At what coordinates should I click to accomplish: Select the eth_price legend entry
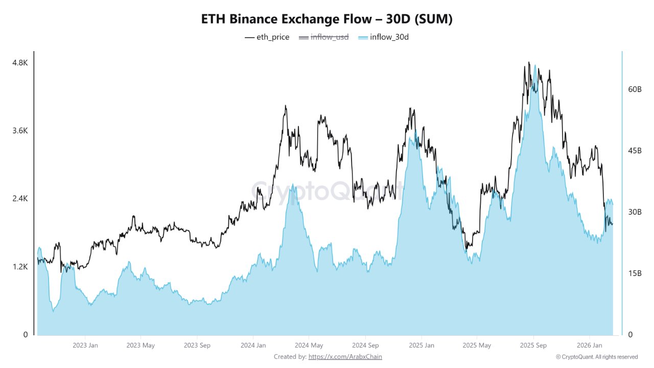point(267,37)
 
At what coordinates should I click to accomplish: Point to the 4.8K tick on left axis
point(20,62)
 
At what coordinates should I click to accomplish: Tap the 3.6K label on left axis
point(20,130)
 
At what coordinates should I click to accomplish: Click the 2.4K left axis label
point(20,198)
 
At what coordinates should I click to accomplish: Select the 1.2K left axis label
point(20,266)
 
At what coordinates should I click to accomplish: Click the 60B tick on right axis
point(635,89)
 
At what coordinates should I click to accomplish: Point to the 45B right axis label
point(635,150)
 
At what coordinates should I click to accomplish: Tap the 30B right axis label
point(635,212)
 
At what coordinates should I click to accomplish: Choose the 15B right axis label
point(635,273)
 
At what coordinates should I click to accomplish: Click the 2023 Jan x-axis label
point(86,346)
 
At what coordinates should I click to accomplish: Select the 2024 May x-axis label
point(309,346)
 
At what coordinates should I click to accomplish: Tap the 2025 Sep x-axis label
point(533,346)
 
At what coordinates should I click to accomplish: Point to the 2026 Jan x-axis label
point(589,346)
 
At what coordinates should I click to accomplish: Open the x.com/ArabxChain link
point(345,357)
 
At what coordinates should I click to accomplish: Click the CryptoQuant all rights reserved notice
point(596,357)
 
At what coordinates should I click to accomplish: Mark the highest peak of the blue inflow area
point(535,65)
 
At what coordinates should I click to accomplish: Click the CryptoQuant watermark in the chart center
point(327,191)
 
